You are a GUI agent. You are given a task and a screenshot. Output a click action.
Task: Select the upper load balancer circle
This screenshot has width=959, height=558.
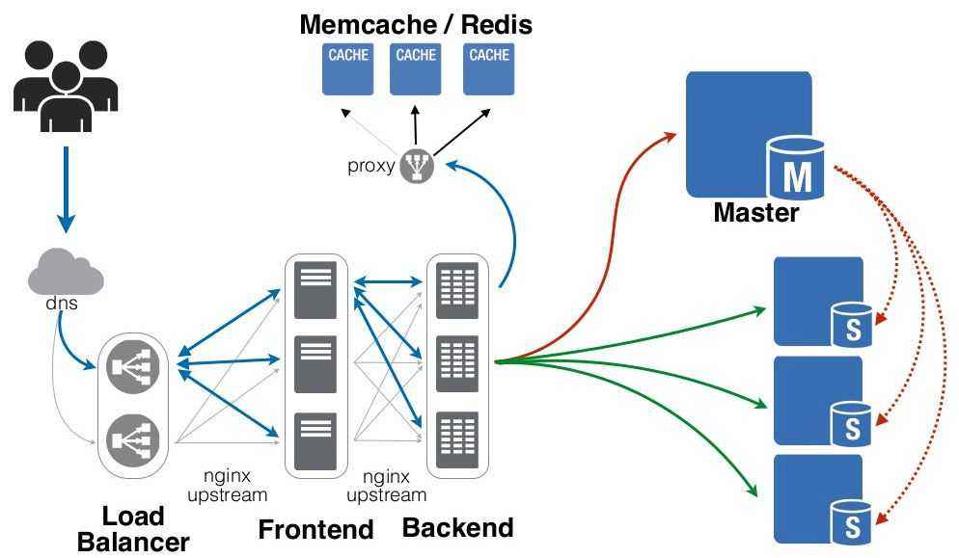(133, 366)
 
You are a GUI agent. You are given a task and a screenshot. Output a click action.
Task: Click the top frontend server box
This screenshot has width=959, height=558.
(315, 288)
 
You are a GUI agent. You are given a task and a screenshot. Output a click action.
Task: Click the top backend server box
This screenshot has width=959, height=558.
(457, 288)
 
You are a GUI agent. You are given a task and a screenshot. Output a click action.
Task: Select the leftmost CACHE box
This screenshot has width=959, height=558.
(348, 67)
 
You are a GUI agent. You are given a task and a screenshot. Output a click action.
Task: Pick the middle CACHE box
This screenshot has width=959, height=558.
(416, 67)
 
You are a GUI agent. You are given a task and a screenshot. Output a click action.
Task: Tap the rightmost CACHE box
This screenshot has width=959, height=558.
(489, 67)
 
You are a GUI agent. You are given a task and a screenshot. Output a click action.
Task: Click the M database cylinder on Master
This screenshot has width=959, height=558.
(796, 169)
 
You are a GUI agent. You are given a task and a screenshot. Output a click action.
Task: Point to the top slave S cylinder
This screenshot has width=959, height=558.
(852, 324)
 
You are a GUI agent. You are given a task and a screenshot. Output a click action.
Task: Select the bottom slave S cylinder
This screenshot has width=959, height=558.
(852, 521)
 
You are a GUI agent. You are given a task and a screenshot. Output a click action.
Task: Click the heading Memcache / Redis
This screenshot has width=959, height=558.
(416, 23)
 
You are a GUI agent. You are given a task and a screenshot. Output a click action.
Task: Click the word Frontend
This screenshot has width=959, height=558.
(315, 529)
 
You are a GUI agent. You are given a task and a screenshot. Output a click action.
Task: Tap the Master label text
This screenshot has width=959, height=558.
(755, 213)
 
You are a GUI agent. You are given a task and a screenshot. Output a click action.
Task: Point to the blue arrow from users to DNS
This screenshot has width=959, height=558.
(66, 188)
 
